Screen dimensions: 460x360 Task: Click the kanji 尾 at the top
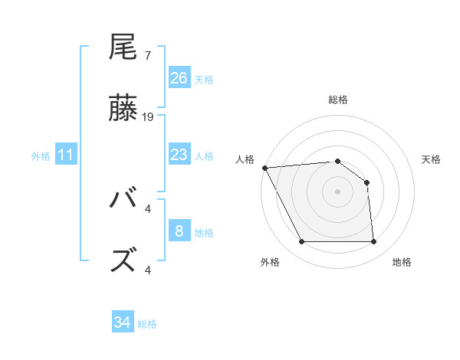(x=123, y=47)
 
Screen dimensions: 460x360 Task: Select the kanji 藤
(x=123, y=109)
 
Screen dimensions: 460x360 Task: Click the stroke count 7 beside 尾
(x=147, y=56)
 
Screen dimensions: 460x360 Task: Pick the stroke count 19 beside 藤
(x=149, y=117)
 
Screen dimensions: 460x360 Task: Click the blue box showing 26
(x=179, y=78)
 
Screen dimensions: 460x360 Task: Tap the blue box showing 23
(x=179, y=155)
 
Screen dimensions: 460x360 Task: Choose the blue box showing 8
(x=179, y=231)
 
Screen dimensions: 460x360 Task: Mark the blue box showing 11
(x=67, y=155)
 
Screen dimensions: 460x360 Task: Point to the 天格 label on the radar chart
(x=431, y=159)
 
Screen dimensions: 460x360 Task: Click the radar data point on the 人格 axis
(x=264, y=168)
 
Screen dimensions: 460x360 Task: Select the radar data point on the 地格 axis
(x=373, y=242)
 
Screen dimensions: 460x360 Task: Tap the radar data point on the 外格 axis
(x=301, y=242)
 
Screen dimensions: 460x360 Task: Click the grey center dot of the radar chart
(x=337, y=191)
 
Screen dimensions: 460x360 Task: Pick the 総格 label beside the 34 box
(x=147, y=324)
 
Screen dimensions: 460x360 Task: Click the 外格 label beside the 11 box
(x=41, y=156)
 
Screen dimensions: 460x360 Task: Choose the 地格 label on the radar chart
(x=402, y=262)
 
